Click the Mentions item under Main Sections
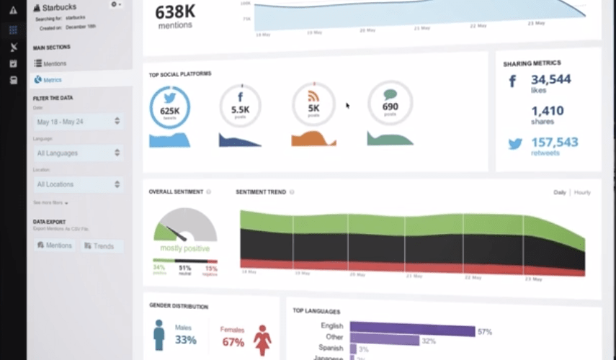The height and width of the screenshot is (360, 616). (55, 63)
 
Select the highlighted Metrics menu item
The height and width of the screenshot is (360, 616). (53, 80)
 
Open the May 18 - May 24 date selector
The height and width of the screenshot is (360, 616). (79, 122)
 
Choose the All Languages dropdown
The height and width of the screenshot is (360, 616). (79, 153)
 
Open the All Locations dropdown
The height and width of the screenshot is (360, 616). (79, 184)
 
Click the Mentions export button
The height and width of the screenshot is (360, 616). (55, 246)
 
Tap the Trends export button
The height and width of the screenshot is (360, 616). (99, 246)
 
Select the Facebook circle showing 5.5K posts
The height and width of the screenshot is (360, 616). (239, 107)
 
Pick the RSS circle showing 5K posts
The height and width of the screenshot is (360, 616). (313, 105)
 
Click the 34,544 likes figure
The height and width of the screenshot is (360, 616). (550, 79)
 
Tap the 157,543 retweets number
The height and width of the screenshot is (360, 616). (554, 143)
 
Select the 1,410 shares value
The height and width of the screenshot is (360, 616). (547, 111)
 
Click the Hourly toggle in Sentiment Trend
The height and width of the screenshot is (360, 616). (581, 192)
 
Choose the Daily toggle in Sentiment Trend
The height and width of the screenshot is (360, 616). (560, 192)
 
